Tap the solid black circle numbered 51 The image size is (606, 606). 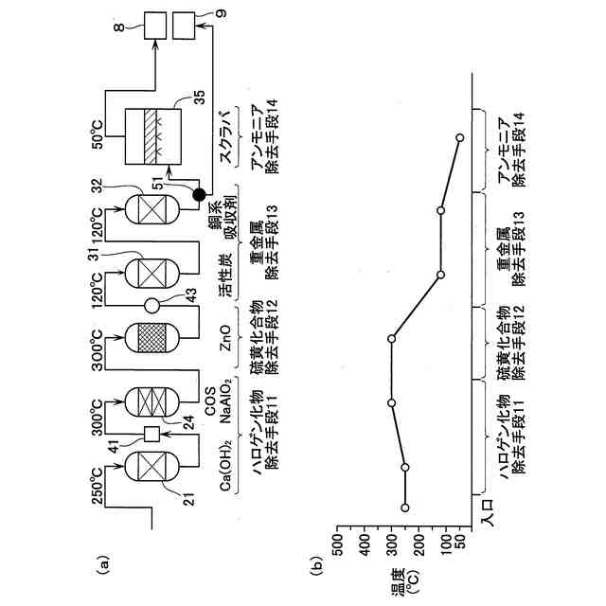tap(199, 194)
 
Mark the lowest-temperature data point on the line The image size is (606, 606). tap(459, 138)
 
